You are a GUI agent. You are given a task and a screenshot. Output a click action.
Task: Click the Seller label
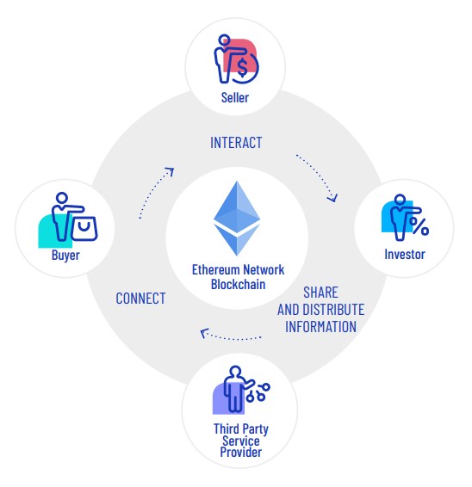coord(235,97)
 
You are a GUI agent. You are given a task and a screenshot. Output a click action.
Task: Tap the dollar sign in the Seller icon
coord(242,67)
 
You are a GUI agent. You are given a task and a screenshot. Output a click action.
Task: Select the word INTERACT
coord(236,143)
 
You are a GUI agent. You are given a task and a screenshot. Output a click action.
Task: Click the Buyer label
coord(65,256)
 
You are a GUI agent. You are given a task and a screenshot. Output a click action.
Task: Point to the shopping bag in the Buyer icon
coord(84,229)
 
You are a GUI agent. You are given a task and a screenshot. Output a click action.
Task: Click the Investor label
coord(405,254)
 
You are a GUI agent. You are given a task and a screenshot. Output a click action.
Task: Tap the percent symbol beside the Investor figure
coord(419,225)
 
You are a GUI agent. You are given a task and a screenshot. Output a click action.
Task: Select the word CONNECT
coord(140,299)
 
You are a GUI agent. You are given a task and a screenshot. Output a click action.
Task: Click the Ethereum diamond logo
coord(237,219)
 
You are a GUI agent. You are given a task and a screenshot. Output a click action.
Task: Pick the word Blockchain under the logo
coord(239,284)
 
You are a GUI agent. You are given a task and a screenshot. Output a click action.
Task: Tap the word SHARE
coord(320,293)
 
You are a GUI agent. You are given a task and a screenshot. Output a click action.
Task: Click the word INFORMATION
coord(320,326)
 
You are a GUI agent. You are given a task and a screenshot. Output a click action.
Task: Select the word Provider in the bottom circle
coord(240,452)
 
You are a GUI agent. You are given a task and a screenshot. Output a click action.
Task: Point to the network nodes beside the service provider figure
coord(258,392)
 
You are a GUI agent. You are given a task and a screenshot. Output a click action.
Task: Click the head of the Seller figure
coord(224,40)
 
